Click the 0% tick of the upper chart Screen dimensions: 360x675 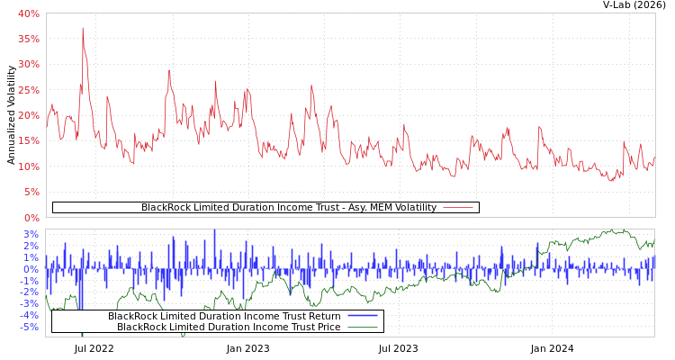[x=31, y=218]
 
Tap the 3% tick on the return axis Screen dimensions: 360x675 [x=31, y=235]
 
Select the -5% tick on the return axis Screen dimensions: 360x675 [x=30, y=327]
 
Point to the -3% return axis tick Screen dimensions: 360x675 [x=30, y=303]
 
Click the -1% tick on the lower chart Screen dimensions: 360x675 [x=30, y=281]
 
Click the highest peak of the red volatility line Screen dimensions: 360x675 [x=83, y=28]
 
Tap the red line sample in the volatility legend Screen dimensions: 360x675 [x=458, y=208]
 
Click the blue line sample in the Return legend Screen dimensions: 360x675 [x=362, y=316]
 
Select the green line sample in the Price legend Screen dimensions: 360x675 [x=362, y=327]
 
